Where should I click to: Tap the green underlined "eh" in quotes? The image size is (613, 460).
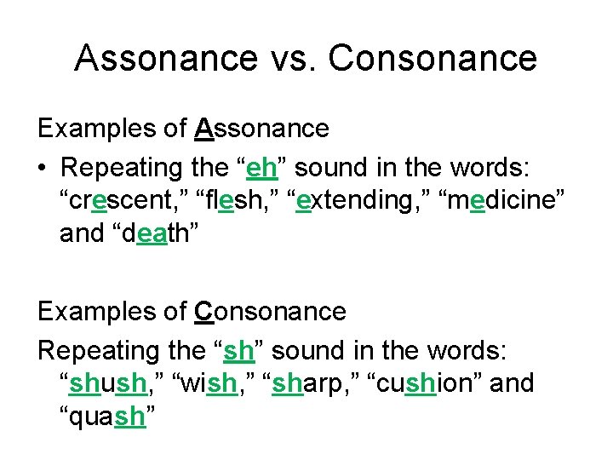coord(261,168)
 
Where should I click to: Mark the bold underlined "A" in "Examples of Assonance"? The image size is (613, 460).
coord(203,129)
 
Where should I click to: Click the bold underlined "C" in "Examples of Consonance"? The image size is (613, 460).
coord(203,311)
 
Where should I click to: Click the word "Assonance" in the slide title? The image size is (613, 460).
coord(165,58)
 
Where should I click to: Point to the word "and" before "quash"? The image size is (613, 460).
coord(513,383)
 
